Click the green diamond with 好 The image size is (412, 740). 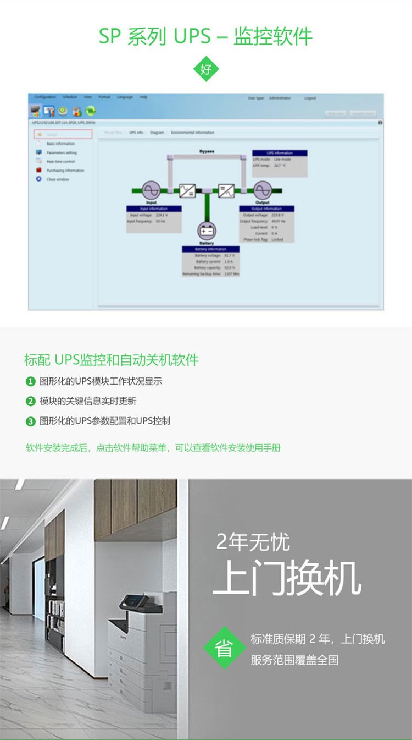pyautogui.click(x=206, y=69)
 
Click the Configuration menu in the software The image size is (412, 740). pyautogui.click(x=45, y=97)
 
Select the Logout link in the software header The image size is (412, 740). pyautogui.click(x=310, y=98)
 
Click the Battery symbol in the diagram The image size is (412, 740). pyautogui.click(x=207, y=231)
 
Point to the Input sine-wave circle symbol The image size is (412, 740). pyautogui.click(x=151, y=190)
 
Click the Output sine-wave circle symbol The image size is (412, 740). pyautogui.click(x=262, y=190)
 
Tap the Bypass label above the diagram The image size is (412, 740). pyautogui.click(x=207, y=151)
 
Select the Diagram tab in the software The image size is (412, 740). pyautogui.click(x=157, y=133)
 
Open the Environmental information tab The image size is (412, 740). pyautogui.click(x=192, y=133)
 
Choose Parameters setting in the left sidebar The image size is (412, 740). pyautogui.click(x=62, y=152)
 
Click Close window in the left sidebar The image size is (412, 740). pyautogui.click(x=58, y=179)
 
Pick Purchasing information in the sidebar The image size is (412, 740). pyautogui.click(x=65, y=171)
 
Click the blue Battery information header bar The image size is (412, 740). pyautogui.click(x=211, y=249)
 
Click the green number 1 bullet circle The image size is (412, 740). pyautogui.click(x=31, y=381)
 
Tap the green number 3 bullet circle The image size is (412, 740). pyautogui.click(x=31, y=421)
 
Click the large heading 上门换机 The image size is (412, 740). pyautogui.click(x=287, y=578)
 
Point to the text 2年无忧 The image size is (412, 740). pyautogui.click(x=253, y=542)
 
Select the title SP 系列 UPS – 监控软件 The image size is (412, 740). pyautogui.click(x=206, y=36)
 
